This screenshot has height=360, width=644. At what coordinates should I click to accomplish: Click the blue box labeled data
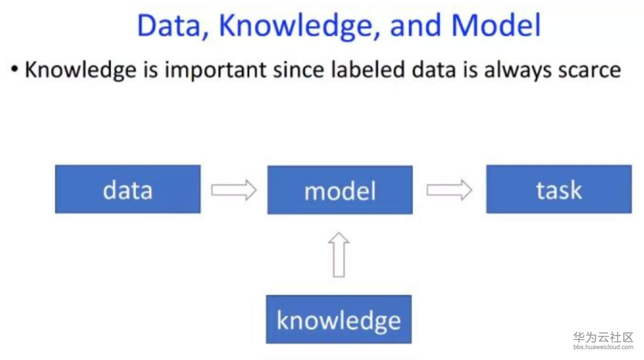[128, 189]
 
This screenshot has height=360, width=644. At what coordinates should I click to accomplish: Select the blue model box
[340, 190]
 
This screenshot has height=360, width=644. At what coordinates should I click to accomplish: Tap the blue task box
[559, 189]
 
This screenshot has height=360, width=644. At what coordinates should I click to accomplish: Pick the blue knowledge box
[339, 319]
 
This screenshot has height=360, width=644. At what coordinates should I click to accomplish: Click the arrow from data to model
[234, 190]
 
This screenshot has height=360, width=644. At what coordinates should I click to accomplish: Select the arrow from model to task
[450, 190]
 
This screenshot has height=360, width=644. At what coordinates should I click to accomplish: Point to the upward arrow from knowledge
[339, 255]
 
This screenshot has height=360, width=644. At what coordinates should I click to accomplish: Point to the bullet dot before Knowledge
[14, 69]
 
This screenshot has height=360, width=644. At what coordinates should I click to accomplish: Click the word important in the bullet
[215, 70]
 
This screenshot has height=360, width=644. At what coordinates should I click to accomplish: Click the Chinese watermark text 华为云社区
[603, 337]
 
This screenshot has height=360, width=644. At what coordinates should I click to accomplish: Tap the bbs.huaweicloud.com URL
[603, 347]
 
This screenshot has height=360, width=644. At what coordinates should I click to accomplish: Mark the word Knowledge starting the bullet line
[80, 70]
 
